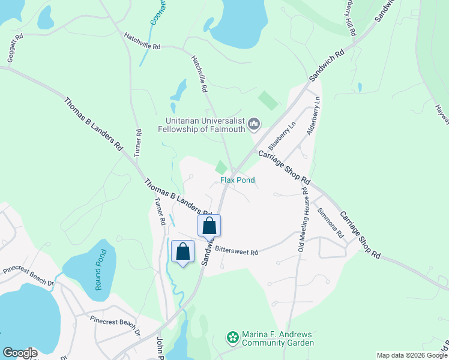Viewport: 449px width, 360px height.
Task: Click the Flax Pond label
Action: point(237,180)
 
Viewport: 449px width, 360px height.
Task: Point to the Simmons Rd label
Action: point(330,222)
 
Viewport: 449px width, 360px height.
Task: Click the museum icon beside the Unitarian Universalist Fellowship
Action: point(254,124)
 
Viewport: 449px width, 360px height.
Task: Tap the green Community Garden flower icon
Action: point(232,338)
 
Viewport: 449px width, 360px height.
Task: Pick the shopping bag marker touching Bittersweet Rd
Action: point(209,226)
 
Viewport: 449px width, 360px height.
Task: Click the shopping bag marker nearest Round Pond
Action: point(183,252)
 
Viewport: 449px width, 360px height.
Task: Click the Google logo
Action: point(20,353)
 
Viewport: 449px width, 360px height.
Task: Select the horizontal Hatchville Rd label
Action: point(142,41)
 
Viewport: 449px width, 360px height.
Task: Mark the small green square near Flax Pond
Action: point(222,167)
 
